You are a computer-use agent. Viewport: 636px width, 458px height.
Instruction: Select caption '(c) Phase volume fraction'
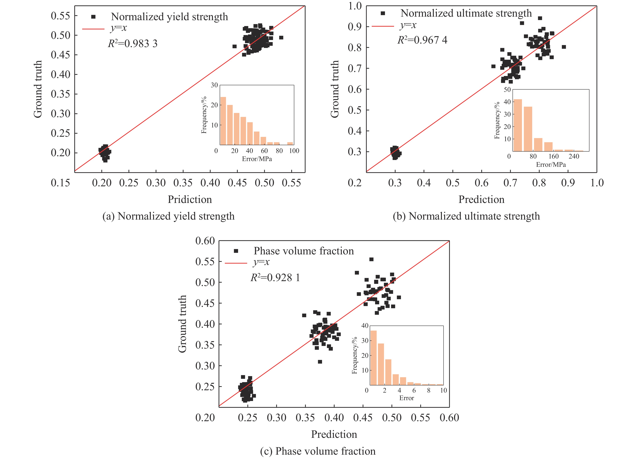click(x=318, y=451)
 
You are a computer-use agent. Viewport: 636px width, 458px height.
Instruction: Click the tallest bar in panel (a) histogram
click(x=223, y=121)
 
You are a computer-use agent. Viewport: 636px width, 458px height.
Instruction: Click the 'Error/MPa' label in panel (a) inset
click(x=257, y=159)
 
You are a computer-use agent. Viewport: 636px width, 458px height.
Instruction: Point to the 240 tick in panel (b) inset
click(x=574, y=156)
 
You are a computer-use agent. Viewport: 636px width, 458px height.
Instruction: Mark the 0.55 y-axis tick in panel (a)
click(x=60, y=16)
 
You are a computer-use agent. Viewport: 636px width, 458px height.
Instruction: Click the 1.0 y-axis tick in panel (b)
click(x=355, y=6)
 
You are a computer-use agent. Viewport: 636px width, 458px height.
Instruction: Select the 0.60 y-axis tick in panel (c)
click(x=205, y=241)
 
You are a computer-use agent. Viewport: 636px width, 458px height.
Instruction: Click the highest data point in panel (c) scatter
click(x=371, y=259)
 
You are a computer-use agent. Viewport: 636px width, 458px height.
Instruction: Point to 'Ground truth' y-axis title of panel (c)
click(x=182, y=324)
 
